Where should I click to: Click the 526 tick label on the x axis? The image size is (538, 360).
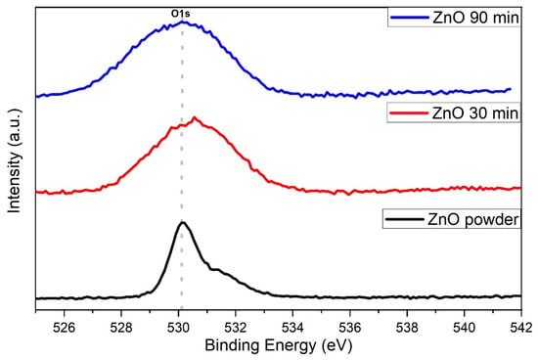pos(65,328)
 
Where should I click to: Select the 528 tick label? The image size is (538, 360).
pos(121,328)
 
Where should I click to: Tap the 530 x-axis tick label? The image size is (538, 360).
pos(178,328)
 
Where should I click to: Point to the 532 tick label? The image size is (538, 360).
pos(236,328)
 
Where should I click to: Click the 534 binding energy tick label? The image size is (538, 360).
pos(292,328)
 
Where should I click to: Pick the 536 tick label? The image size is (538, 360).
pos(350,328)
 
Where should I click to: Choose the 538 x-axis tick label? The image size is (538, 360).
pos(407,328)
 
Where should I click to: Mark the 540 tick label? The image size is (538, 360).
pos(465,328)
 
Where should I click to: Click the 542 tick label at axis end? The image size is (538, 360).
pos(521,328)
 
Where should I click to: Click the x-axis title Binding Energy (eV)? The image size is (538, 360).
pos(279,345)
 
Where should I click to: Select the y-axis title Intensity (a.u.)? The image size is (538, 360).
pos(15,160)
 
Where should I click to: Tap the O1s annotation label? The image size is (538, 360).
pos(181,14)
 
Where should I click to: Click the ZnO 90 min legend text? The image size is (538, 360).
pos(475,18)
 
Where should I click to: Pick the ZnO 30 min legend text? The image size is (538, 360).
pos(475,112)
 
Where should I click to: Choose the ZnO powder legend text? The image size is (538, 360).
pos(472,219)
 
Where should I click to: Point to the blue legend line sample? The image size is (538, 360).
pos(410,18)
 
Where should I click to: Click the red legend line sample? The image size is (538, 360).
pos(409,112)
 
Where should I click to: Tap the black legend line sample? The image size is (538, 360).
pos(405,219)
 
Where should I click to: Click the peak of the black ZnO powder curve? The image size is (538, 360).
pos(183,223)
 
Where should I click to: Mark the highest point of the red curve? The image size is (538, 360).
pos(195,117)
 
